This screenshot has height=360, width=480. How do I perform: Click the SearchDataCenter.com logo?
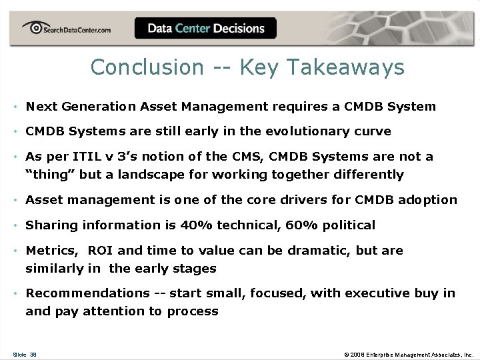[x=66, y=29]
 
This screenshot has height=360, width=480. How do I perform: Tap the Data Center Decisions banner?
[x=205, y=29]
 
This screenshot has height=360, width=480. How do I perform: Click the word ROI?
[x=100, y=251]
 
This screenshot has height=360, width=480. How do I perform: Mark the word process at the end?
[x=193, y=311]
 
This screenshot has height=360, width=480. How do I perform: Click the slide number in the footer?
[x=25, y=354]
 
